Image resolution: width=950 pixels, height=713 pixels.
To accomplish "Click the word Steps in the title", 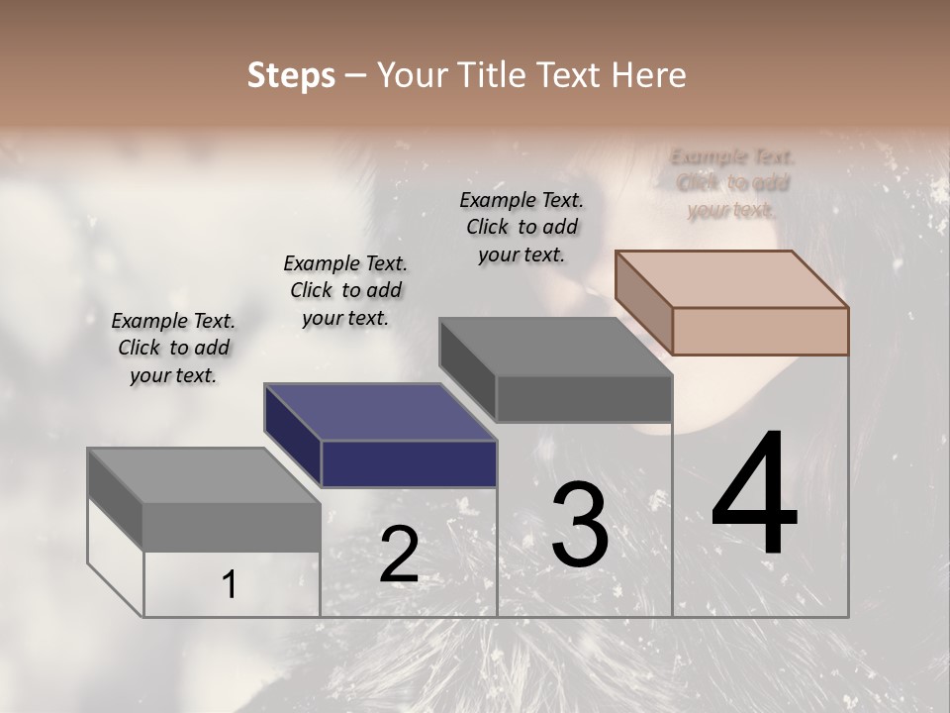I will [x=291, y=75].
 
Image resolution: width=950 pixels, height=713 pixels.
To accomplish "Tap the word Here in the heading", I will [x=650, y=75].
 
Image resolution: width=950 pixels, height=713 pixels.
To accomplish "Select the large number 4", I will [x=754, y=495].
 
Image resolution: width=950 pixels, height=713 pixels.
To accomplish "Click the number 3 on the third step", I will [x=579, y=525].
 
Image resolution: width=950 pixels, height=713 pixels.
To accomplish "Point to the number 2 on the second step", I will [x=399, y=555].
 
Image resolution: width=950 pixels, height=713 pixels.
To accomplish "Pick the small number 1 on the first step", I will [x=230, y=585].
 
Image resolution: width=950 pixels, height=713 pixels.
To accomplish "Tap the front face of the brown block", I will [x=760, y=331].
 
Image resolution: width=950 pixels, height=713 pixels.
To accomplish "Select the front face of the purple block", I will [x=409, y=463].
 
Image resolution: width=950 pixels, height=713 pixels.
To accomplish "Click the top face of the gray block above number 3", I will [x=556, y=347].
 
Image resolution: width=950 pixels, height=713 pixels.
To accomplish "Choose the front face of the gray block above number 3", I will [x=584, y=398].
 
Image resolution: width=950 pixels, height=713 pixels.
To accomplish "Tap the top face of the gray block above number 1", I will [x=204, y=475].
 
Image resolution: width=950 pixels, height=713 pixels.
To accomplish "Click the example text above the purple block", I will [x=345, y=290].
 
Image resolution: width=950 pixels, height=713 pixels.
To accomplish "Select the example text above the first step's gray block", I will [x=173, y=348].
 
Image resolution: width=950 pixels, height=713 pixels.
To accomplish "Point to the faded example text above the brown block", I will [x=732, y=183].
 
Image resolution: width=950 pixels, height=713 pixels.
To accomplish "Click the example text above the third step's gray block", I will [x=522, y=227].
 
